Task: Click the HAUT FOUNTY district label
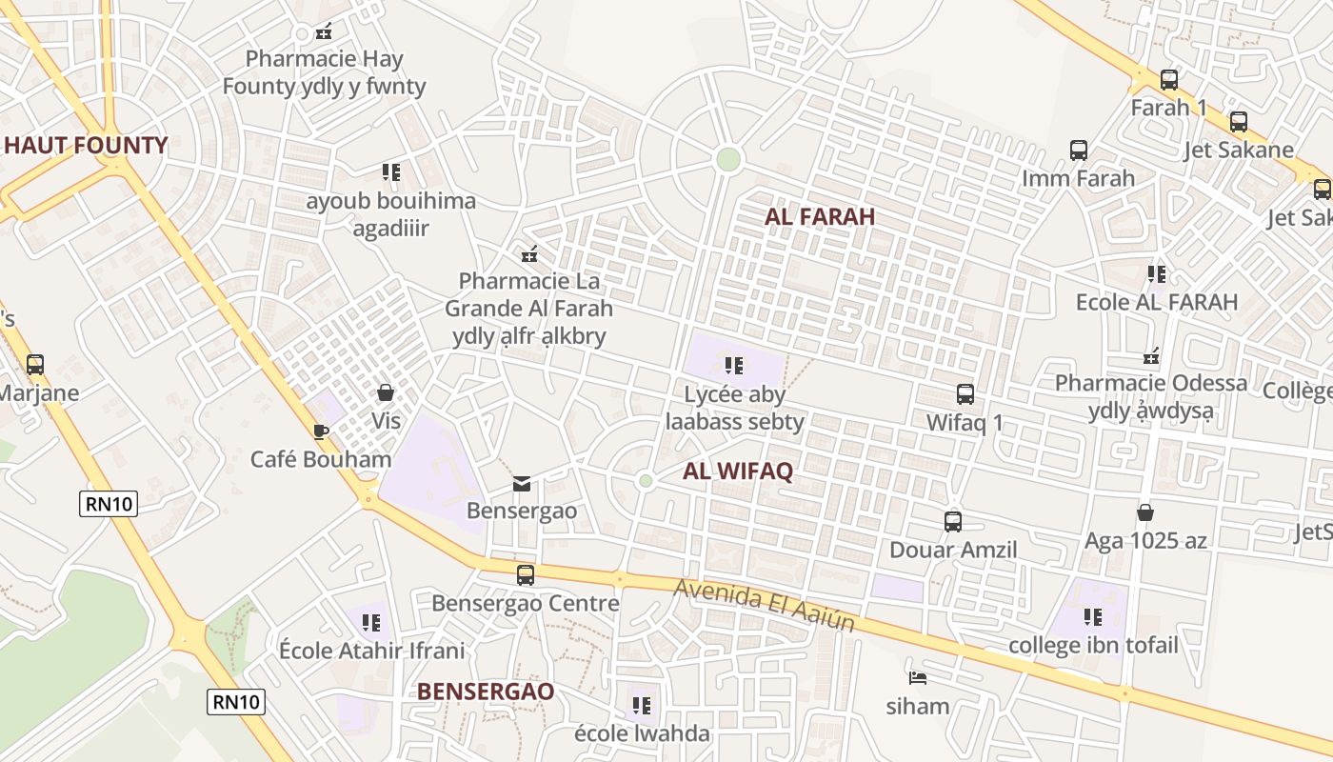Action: (86, 146)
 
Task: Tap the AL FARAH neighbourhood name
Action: (820, 216)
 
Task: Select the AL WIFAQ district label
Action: (738, 471)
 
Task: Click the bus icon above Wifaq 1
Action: (965, 394)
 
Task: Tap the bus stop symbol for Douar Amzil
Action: (953, 522)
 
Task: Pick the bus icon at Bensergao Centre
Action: (526, 575)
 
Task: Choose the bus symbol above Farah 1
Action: (1169, 80)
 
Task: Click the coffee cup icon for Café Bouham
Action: (321, 431)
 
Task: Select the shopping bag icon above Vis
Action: (386, 392)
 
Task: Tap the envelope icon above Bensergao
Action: (522, 483)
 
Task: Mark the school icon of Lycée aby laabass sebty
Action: (733, 366)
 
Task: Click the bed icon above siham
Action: (918, 678)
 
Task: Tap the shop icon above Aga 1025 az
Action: (1145, 513)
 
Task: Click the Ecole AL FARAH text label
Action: (1156, 303)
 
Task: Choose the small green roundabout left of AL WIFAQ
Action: (646, 481)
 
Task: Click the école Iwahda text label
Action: (642, 733)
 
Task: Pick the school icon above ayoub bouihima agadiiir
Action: (390, 172)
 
